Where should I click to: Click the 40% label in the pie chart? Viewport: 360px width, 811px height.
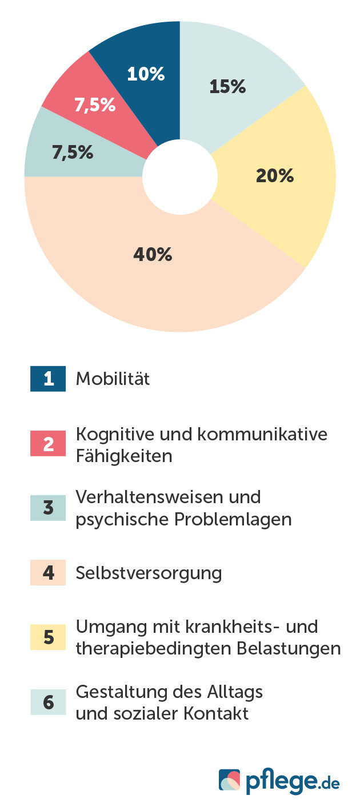[153, 255]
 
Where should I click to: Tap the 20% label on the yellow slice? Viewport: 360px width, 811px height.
[274, 176]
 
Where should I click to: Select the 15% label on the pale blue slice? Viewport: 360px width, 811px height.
[227, 87]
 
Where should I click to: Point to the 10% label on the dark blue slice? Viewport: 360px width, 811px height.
[146, 74]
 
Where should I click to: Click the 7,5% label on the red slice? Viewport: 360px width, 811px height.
[95, 106]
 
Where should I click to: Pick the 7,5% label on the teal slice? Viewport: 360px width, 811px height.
[73, 153]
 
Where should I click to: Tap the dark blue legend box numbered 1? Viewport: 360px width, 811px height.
[48, 379]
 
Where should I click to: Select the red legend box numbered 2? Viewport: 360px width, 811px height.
[48, 444]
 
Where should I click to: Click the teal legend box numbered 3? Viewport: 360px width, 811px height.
[48, 508]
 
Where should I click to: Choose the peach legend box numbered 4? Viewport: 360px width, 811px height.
[48, 573]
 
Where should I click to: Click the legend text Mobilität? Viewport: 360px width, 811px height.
[113, 379]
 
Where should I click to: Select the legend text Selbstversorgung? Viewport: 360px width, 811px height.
[149, 573]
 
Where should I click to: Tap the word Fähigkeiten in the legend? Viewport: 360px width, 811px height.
[124, 456]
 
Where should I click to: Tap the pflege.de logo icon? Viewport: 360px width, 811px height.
[230, 780]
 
